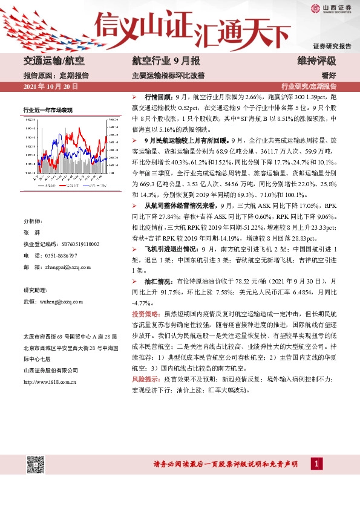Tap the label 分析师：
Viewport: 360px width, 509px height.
coord(32,222)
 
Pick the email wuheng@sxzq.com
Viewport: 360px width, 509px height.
coord(61,300)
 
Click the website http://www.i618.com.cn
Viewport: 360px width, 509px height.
coord(52,381)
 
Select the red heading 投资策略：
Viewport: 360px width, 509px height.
coord(145,314)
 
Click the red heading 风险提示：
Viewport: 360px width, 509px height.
coord(145,378)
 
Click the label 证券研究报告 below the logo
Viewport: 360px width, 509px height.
coord(332,46)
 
